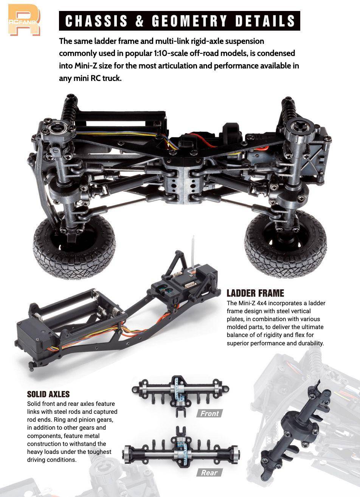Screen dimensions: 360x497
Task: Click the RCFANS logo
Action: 24,20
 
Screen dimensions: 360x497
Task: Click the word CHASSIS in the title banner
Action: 96,21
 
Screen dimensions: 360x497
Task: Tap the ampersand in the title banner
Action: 139,21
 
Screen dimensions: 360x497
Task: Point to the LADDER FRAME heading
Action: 255,293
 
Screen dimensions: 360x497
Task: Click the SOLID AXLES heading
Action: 48,394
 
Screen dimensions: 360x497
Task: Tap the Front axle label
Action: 209,413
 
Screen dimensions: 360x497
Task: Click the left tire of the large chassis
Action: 74,246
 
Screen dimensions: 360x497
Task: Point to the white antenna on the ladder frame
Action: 193,251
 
